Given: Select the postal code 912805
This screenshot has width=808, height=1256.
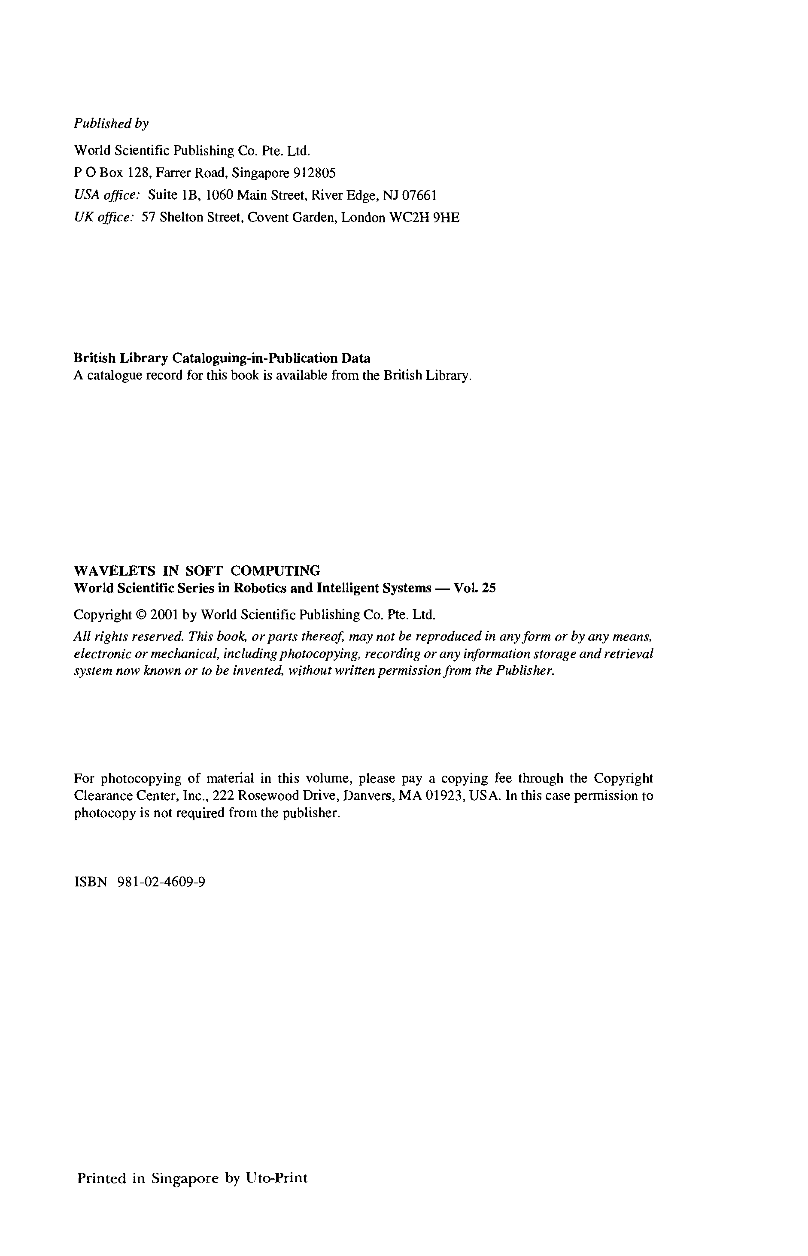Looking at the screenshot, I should point(314,173).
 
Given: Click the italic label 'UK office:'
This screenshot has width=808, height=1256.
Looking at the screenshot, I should point(104,218).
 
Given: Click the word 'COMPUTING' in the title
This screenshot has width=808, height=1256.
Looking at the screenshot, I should point(276,570).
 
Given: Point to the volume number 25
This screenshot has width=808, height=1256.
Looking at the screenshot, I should point(489,588).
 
